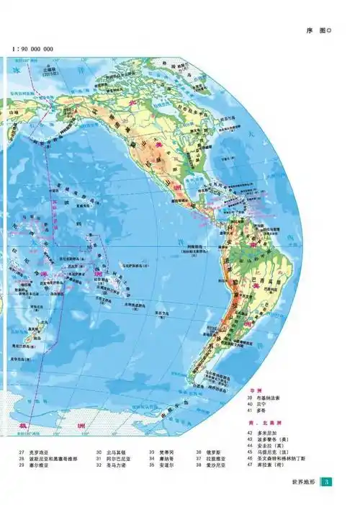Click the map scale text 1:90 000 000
pyautogui.click(x=33, y=49)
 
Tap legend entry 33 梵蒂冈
pyautogui.click(x=161, y=452)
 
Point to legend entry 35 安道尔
pyautogui.click(x=161, y=465)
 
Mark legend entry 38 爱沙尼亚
pyautogui.click(x=207, y=465)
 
